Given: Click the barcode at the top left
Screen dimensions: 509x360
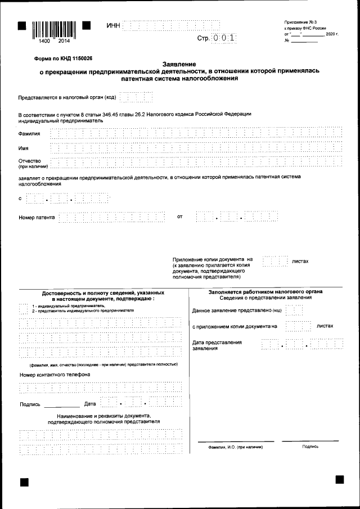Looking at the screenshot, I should pyautogui.click(x=54, y=29).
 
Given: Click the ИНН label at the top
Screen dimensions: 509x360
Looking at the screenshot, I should pyautogui.click(x=113, y=26).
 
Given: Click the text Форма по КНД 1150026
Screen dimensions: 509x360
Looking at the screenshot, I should pyautogui.click(x=63, y=58).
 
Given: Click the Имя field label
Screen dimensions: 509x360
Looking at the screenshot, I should pyautogui.click(x=23, y=148).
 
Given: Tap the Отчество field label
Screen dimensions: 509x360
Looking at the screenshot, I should pyautogui.click(x=30, y=161).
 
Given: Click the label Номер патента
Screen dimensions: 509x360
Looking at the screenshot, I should pyautogui.click(x=37, y=217).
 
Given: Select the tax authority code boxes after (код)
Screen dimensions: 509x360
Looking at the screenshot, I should pyautogui.click(x=136, y=97).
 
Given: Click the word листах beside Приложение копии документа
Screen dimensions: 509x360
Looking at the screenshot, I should pyautogui.click(x=300, y=262).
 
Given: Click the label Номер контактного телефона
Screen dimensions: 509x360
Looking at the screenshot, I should pyautogui.click(x=55, y=374).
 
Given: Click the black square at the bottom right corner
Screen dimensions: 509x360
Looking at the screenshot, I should pyautogui.click(x=339, y=479).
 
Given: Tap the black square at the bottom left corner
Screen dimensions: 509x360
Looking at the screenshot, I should pyautogui.click(x=24, y=482).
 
